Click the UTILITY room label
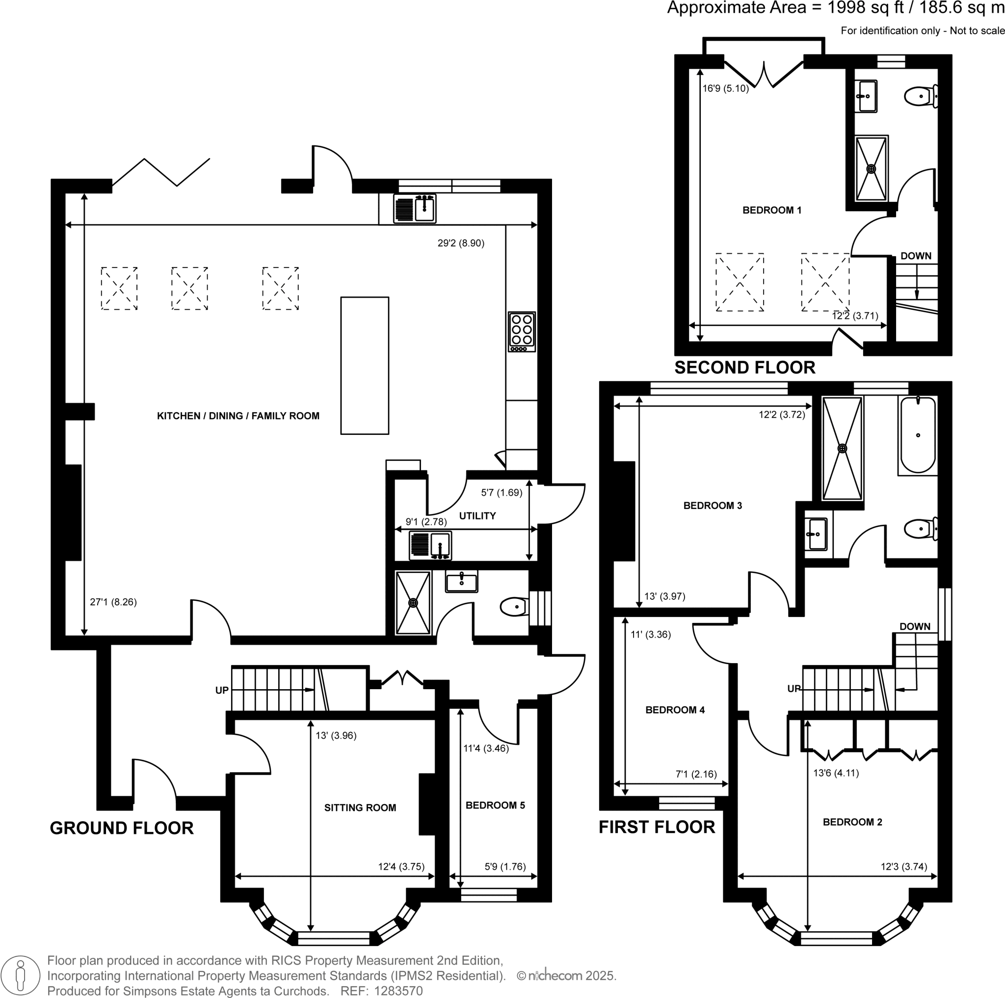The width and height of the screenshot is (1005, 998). [x=477, y=515]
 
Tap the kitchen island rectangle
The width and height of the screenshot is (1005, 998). [x=365, y=365]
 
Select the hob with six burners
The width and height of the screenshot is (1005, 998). [x=521, y=331]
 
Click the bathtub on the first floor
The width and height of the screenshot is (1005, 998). [x=918, y=435]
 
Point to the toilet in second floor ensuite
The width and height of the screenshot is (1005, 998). [x=920, y=96]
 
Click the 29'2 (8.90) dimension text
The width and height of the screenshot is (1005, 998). [x=461, y=243]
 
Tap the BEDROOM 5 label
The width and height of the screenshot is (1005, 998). [x=495, y=805]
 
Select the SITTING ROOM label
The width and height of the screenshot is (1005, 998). [x=360, y=808]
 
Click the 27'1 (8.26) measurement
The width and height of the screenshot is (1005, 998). [x=113, y=602]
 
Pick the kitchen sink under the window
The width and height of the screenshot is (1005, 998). [x=415, y=209]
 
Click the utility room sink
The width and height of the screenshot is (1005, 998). [x=430, y=545]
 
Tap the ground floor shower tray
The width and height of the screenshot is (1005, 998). [x=413, y=602]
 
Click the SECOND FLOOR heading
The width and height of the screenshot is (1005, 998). [x=744, y=368]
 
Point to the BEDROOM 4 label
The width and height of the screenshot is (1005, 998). [x=675, y=710]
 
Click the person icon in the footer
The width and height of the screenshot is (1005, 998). [x=21, y=975]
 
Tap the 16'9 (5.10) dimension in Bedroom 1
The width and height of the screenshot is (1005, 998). [x=725, y=88]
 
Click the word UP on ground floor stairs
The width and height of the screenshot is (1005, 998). [x=222, y=690]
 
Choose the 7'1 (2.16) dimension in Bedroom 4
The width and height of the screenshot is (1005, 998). [x=696, y=774]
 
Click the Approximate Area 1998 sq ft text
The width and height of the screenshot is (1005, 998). [x=835, y=8]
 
